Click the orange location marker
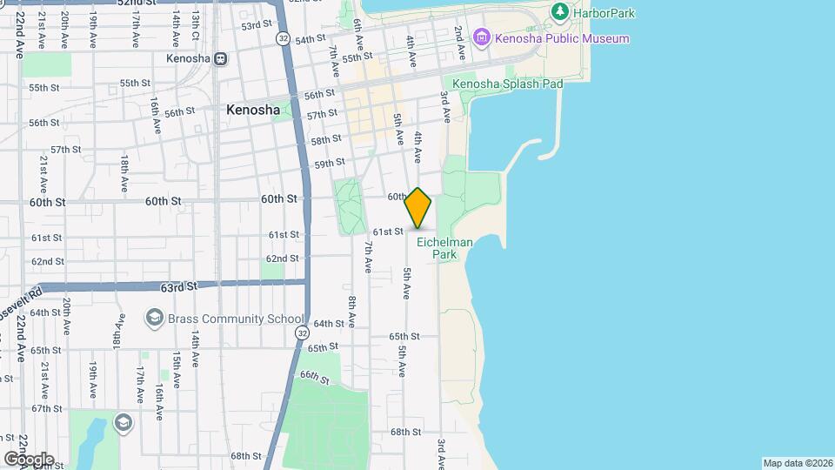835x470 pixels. (418, 208)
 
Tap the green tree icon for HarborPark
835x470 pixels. (561, 12)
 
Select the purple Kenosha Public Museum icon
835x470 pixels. (481, 38)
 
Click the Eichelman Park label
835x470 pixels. (444, 248)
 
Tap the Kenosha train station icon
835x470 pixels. (221, 58)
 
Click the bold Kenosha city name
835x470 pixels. (253, 111)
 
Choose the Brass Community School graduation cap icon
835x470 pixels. (155, 318)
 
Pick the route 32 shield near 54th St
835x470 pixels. (284, 39)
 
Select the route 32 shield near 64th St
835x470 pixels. (301, 332)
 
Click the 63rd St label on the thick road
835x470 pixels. (179, 285)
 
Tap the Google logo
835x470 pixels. (29, 459)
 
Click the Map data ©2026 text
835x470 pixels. (796, 463)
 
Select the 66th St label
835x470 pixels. (314, 376)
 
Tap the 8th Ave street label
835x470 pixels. (351, 312)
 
